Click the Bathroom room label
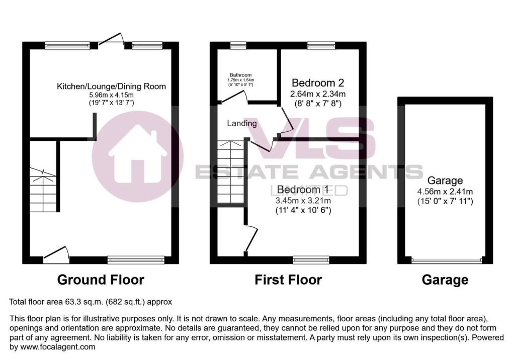240,75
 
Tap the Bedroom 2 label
318,82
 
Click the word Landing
242,123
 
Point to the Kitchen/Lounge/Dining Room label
111,86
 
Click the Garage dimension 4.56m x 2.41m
445,192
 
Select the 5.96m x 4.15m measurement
111,95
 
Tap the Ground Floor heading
101,280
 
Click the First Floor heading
288,280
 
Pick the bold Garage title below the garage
445,280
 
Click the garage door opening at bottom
445,260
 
